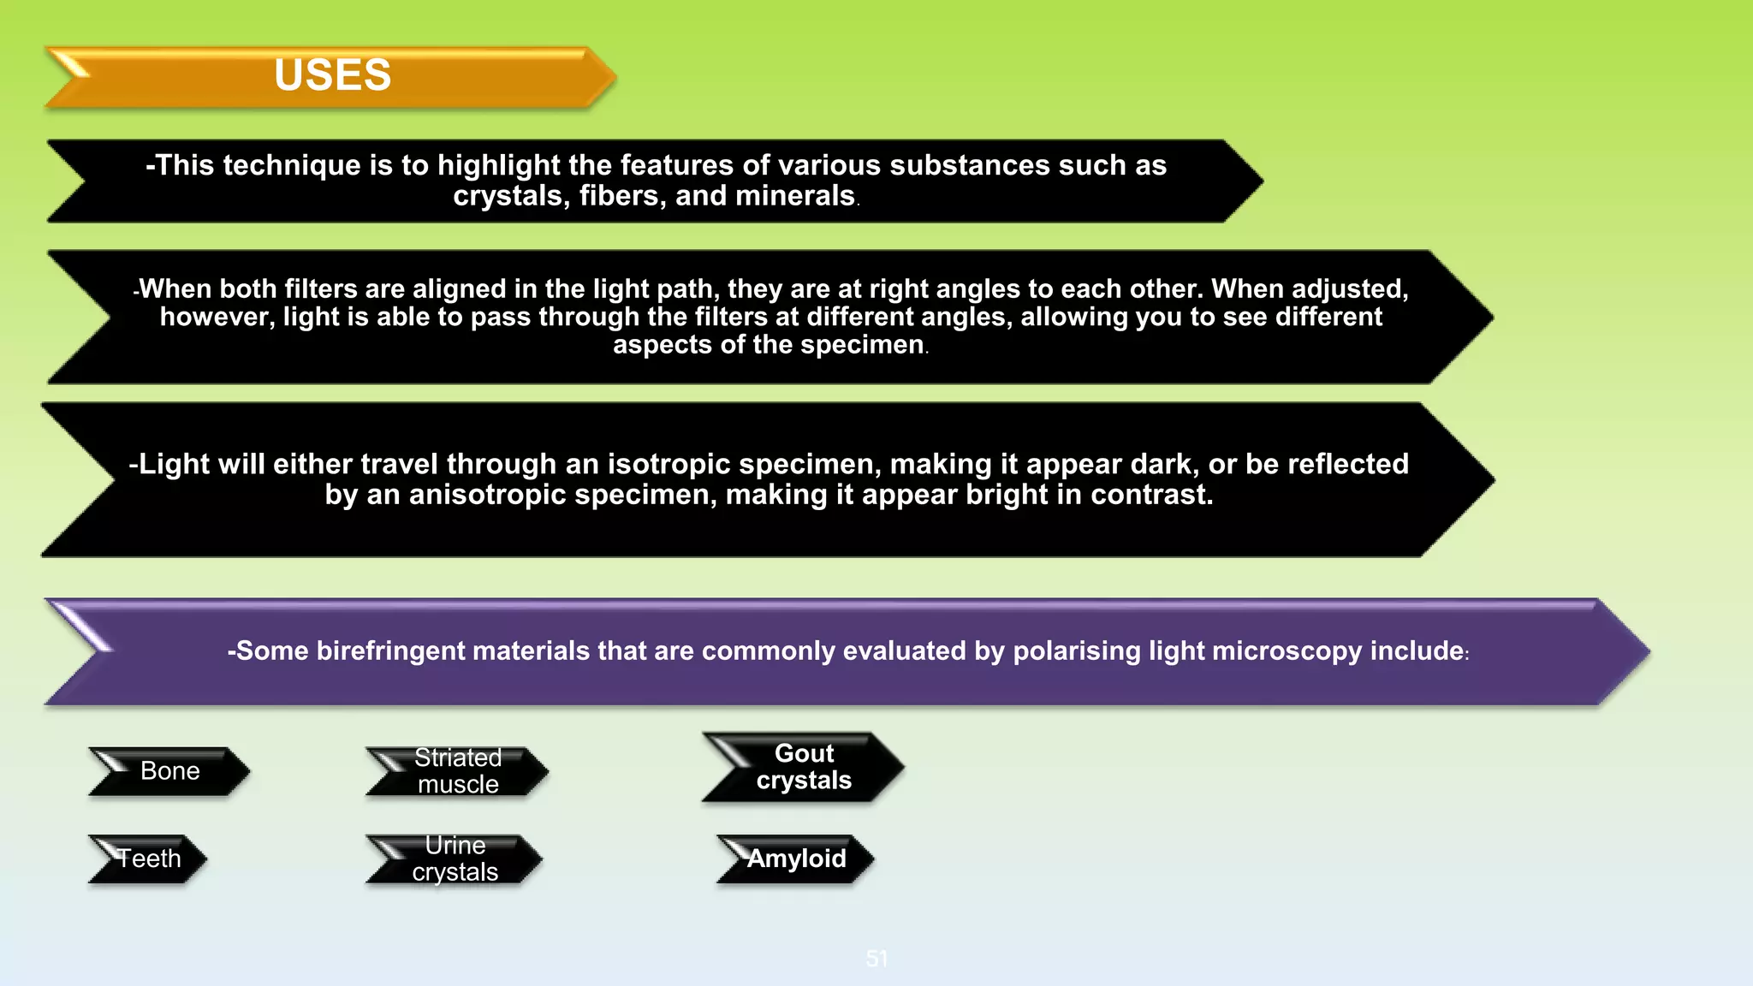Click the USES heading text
coord(332,75)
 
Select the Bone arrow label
coord(169,771)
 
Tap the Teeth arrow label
coord(149,858)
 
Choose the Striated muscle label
coord(458,771)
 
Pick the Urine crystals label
coord(455,858)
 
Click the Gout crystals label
coord(804,767)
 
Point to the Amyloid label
coord(796,858)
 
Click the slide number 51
coord(876,959)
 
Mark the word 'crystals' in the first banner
coord(510,196)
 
